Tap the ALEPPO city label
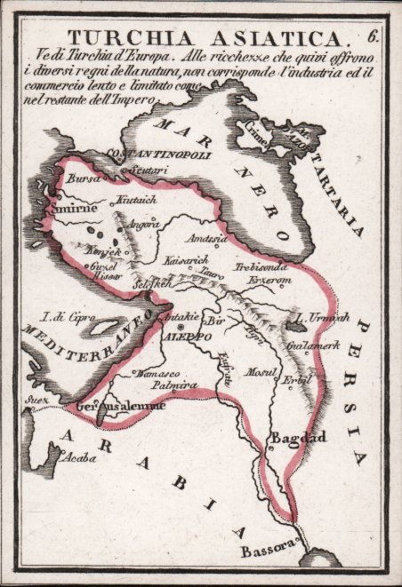click(189, 338)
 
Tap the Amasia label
click(207, 240)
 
